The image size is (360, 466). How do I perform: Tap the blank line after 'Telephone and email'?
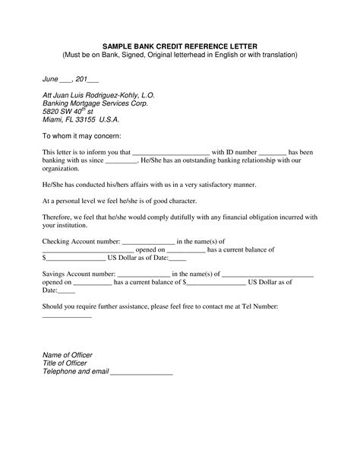[141, 373]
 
